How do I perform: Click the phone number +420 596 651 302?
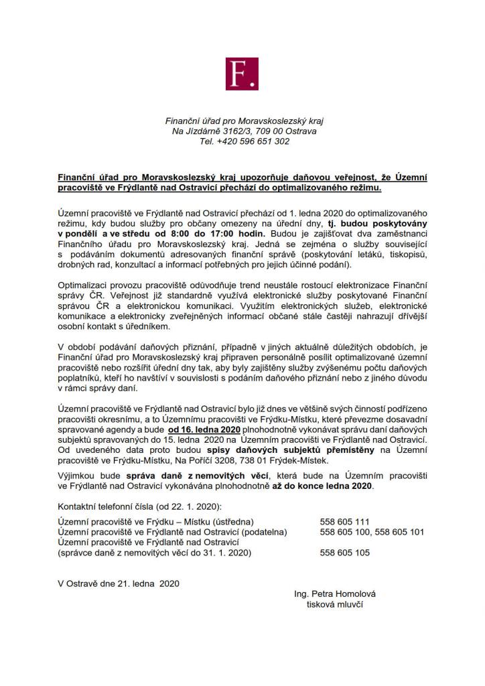[245, 142]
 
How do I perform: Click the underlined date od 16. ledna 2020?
[204, 429]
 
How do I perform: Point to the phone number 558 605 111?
[345, 521]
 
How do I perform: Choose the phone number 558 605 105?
[345, 553]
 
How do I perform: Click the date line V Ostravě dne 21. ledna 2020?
[119, 584]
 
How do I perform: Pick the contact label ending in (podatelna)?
[172, 532]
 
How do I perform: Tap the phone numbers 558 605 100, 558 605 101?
[372, 532]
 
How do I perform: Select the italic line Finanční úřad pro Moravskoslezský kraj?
[245, 121]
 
